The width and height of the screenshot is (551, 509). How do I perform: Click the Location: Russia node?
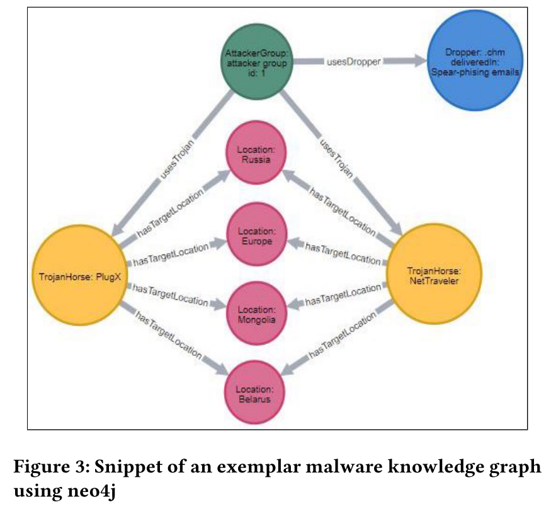tap(256, 154)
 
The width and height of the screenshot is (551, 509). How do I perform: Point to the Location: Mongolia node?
tap(256, 314)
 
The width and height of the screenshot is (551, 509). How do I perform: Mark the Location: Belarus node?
tap(256, 394)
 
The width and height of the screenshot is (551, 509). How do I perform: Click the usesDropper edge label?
tap(353, 62)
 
